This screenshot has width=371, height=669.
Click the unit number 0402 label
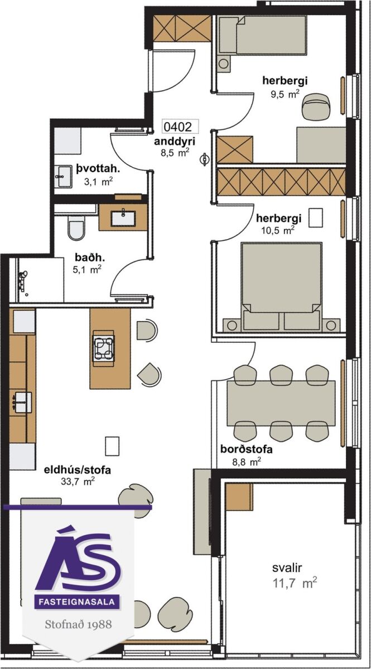(177, 127)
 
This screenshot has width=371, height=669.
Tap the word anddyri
(175, 142)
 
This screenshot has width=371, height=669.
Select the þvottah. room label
(98, 169)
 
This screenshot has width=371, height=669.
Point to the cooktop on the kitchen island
(104, 348)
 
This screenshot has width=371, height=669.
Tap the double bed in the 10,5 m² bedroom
(281, 287)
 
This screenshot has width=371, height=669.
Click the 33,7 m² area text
(78, 482)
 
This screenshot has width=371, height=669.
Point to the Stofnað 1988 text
(78, 624)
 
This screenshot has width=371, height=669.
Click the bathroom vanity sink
(123, 219)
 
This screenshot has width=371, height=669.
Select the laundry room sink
(63, 177)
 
